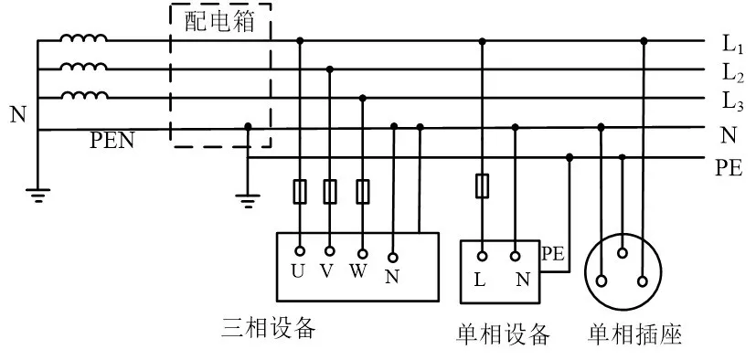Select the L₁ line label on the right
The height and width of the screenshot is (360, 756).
pos(732,42)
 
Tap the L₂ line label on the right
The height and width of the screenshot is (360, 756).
pos(732,72)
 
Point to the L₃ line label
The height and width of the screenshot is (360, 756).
pos(732,101)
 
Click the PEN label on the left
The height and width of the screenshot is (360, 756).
pos(112,143)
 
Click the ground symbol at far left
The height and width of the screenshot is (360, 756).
pos(37,194)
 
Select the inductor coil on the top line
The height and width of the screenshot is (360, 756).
pos(83,39)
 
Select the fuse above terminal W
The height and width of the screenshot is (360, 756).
pos(363,192)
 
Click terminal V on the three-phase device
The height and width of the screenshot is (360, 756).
pos(329,250)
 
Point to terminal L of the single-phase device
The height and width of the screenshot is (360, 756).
pos(482,257)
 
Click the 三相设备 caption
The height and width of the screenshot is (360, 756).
pos(269,328)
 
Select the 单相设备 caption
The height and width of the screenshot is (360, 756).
pos(503,334)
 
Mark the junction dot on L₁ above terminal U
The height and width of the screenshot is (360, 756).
pos(300,40)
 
